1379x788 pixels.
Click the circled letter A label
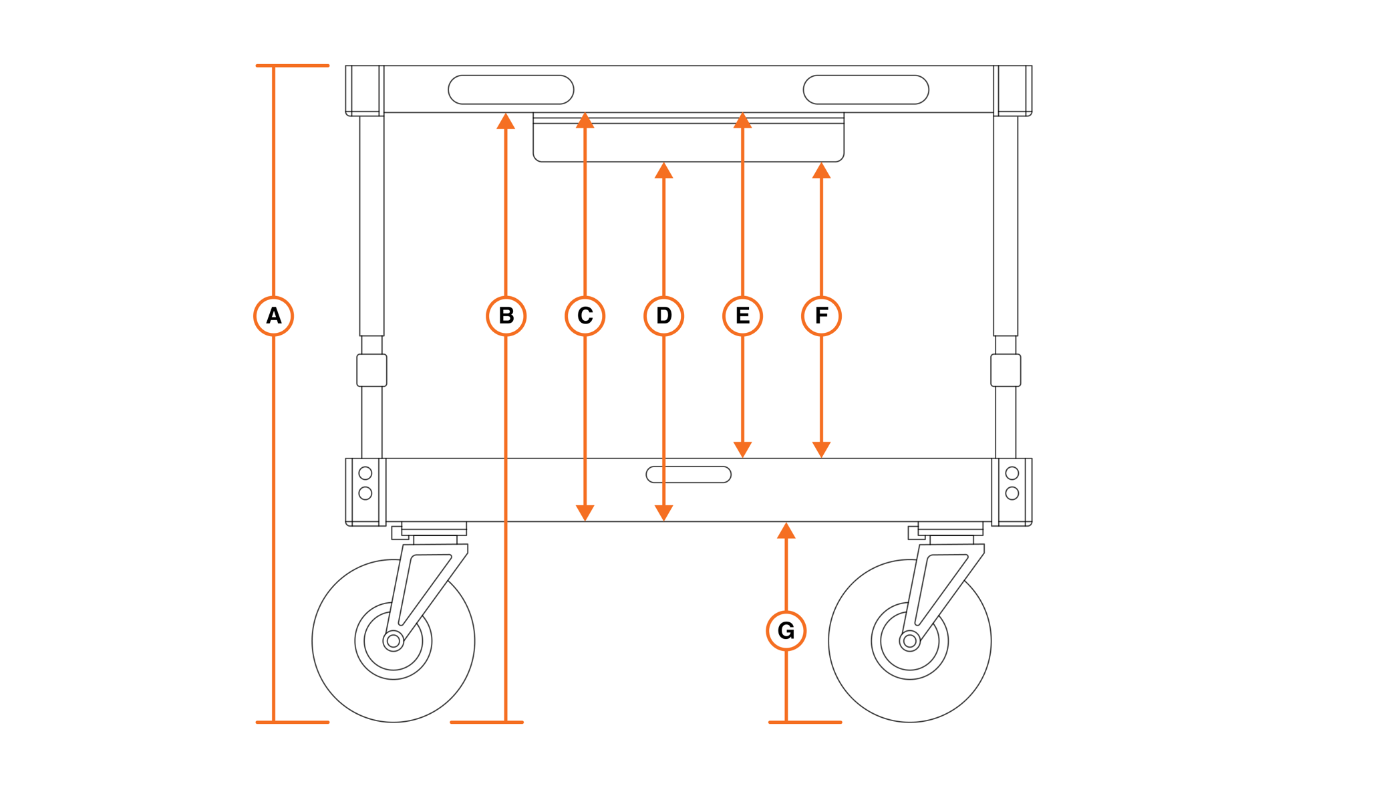tap(274, 315)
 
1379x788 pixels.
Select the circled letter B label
tap(506, 315)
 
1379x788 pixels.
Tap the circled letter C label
tap(585, 315)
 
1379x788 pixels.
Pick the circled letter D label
tap(664, 315)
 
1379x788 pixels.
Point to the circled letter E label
tap(743, 315)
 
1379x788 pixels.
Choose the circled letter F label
tap(822, 315)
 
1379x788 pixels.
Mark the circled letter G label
tap(786, 631)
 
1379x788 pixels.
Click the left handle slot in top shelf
tap(511, 90)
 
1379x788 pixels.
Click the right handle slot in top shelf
tap(866, 90)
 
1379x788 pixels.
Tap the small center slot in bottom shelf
tap(689, 475)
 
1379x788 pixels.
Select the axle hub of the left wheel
tap(394, 642)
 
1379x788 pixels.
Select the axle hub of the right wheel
tap(910, 642)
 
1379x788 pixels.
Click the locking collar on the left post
tap(372, 370)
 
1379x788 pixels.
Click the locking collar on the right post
tap(1006, 370)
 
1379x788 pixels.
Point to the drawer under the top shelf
tap(689, 142)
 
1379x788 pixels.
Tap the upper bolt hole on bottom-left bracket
tap(365, 473)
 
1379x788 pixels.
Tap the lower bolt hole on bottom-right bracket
tap(1012, 493)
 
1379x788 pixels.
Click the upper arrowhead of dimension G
tap(786, 531)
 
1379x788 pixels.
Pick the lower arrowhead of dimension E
tap(743, 449)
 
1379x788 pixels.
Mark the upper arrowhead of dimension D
tap(664, 171)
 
